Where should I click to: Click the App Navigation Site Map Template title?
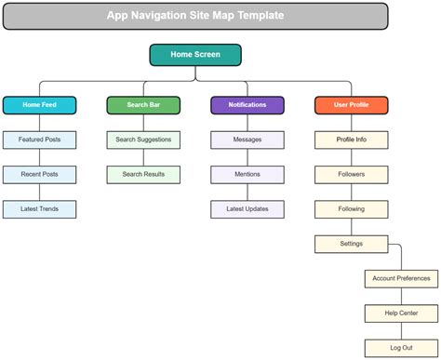pyautogui.click(x=195, y=16)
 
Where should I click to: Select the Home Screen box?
pyautogui.click(x=195, y=55)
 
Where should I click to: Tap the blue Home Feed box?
pyautogui.click(x=39, y=105)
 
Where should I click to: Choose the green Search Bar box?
pyautogui.click(x=143, y=105)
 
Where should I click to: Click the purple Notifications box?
pyautogui.click(x=247, y=105)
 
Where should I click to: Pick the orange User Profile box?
pyautogui.click(x=351, y=105)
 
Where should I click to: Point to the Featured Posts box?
pyautogui.click(x=39, y=140)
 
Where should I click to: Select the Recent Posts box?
pyautogui.click(x=39, y=174)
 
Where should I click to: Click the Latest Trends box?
pyautogui.click(x=39, y=209)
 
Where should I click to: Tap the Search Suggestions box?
pyautogui.click(x=143, y=140)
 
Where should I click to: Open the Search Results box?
pyautogui.click(x=143, y=174)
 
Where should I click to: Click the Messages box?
pyautogui.click(x=247, y=140)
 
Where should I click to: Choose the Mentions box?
pyautogui.click(x=247, y=174)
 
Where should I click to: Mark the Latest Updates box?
pyautogui.click(x=247, y=209)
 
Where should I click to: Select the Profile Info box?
pyautogui.click(x=351, y=140)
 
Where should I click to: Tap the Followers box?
pyautogui.click(x=351, y=174)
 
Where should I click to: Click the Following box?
pyautogui.click(x=351, y=209)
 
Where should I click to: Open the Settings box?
pyautogui.click(x=351, y=244)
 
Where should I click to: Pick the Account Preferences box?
pyautogui.click(x=401, y=278)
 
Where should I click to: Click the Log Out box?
pyautogui.click(x=401, y=347)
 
